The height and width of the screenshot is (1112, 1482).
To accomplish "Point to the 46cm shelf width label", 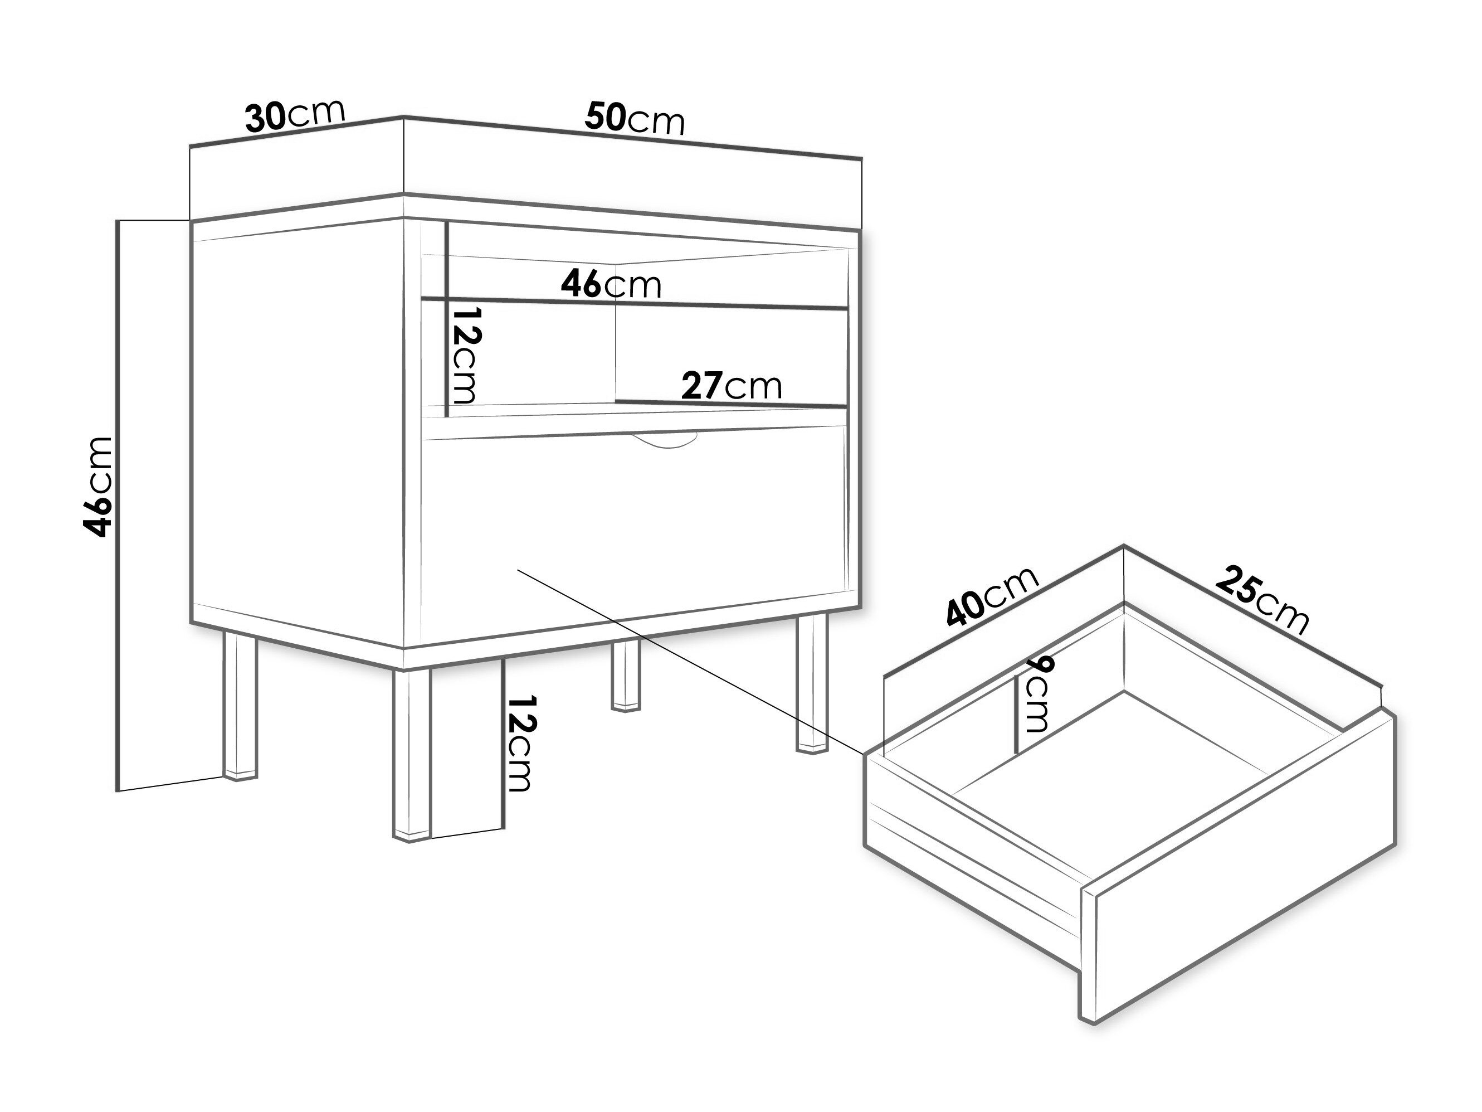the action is (x=611, y=284).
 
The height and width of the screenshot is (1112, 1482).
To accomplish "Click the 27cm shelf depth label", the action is (x=732, y=386).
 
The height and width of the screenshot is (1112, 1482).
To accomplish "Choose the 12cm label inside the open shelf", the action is (x=466, y=355).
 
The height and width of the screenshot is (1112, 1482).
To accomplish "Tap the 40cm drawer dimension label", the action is (x=992, y=596).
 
